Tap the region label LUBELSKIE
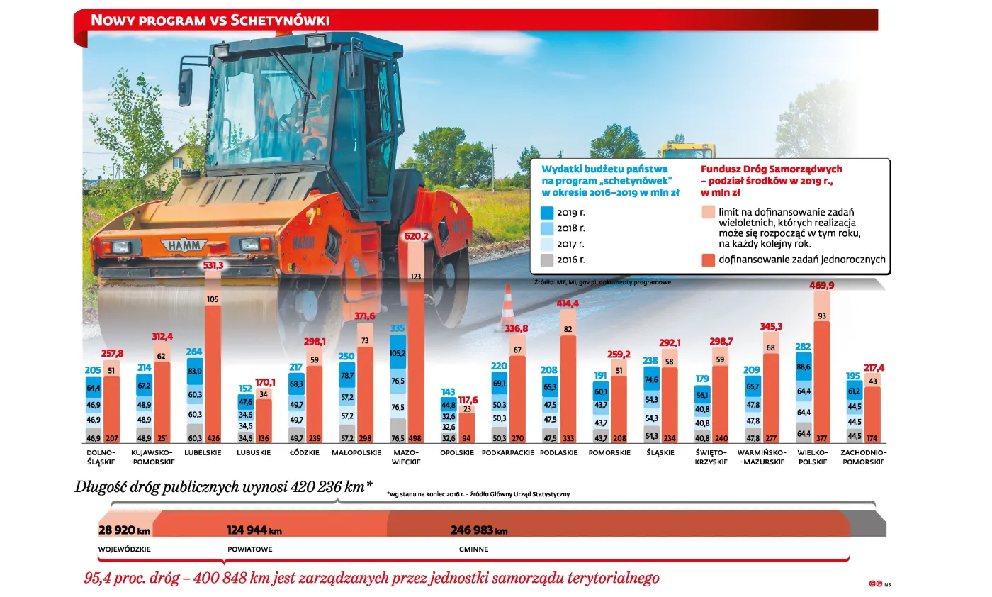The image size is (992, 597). click(x=203, y=452)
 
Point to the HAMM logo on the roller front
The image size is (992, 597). click(x=184, y=246)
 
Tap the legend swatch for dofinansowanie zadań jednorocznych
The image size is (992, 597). click(x=707, y=260)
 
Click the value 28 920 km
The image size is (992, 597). click(x=124, y=530)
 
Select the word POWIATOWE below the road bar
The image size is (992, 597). click(x=249, y=549)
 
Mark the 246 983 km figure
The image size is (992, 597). click(x=479, y=530)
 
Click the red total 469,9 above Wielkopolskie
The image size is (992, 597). click(x=822, y=285)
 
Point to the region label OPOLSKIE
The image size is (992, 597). click(x=457, y=452)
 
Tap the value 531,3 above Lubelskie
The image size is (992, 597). click(x=213, y=265)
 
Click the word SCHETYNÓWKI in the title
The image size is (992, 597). click(x=280, y=20)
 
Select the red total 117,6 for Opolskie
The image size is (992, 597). click(x=468, y=400)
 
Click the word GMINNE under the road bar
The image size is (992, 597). click(x=474, y=549)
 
